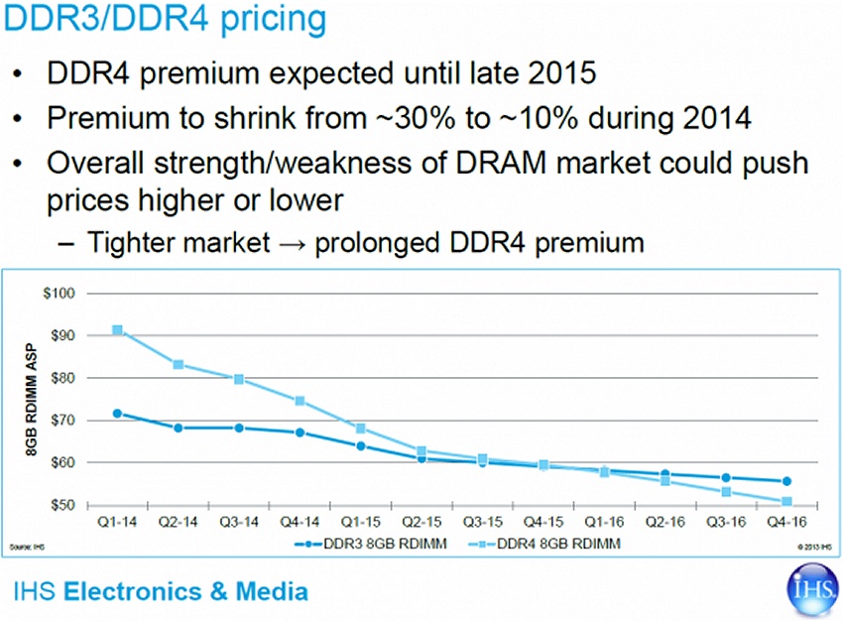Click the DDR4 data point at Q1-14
[118, 330]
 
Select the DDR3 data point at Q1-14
[118, 413]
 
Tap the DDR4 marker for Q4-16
[786, 501]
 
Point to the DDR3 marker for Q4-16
[786, 481]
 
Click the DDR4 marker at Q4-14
[301, 401]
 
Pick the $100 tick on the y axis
[60, 294]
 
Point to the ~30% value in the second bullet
[435, 118]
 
